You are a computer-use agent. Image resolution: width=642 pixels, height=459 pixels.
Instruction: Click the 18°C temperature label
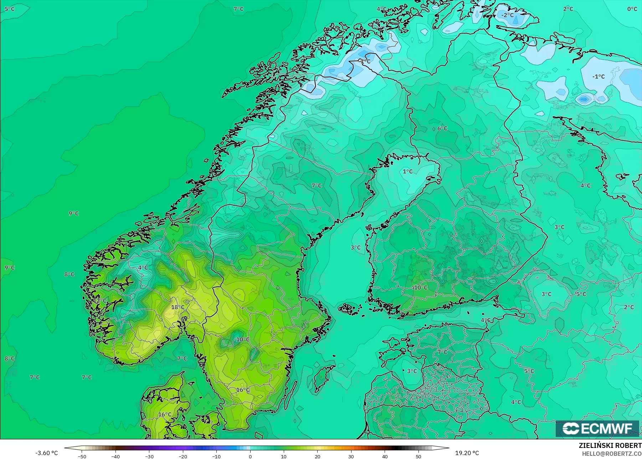(178, 307)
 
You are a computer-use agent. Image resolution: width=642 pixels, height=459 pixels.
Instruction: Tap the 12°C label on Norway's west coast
(100, 300)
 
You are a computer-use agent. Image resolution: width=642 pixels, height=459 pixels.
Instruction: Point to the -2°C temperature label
(507, 15)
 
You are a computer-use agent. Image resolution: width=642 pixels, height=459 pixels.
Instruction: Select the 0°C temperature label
(632, 9)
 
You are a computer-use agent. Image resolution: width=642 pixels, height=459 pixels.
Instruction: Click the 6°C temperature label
(442, 128)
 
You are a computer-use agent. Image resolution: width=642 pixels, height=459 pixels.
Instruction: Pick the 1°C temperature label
(407, 172)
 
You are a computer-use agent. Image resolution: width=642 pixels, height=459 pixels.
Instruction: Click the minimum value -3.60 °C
(46, 453)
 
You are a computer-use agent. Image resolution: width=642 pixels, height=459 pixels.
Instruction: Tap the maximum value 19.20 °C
(467, 453)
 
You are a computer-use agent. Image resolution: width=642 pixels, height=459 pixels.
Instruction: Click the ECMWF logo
(597, 428)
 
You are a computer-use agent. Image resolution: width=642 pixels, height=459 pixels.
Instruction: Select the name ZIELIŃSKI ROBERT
(610, 445)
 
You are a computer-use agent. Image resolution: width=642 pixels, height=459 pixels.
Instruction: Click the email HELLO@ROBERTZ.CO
(612, 454)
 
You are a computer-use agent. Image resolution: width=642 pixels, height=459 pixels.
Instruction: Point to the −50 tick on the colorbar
(82, 456)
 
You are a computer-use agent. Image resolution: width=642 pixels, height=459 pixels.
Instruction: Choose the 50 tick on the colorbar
(418, 456)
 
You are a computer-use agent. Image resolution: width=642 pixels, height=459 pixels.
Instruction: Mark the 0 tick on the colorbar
(250, 456)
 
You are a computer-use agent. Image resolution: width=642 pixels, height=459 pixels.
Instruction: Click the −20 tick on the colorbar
(183, 456)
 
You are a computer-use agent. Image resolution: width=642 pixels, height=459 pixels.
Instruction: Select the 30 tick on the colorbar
(351, 456)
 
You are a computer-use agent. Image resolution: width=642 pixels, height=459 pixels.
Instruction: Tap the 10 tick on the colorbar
(284, 456)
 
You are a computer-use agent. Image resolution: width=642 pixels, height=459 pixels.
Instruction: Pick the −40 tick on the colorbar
(115, 456)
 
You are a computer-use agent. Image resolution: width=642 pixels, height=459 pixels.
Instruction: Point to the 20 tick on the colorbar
(318, 456)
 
